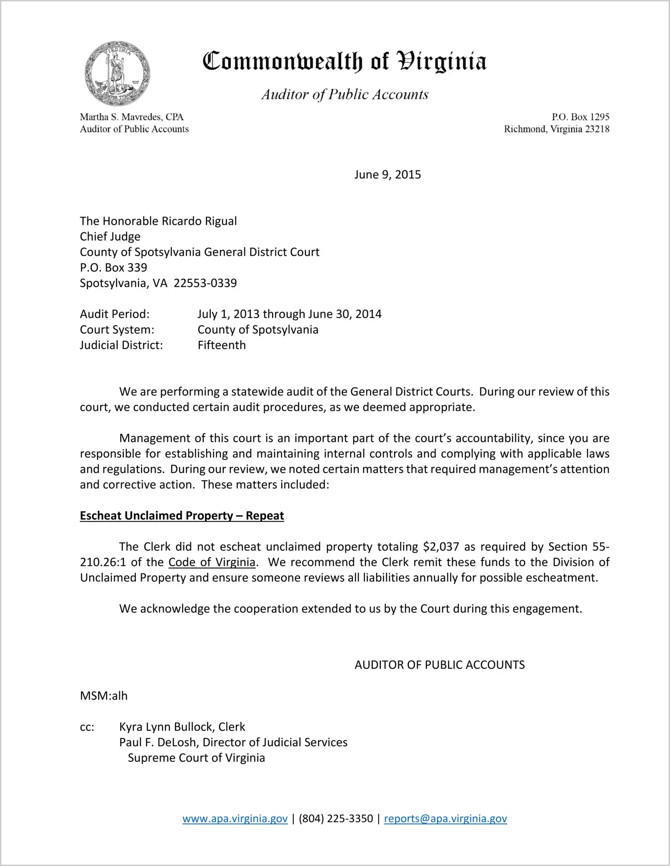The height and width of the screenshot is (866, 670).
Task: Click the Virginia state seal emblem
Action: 117,73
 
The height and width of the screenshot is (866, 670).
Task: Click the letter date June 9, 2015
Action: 387,174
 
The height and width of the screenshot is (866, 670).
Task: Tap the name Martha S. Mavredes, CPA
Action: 132,117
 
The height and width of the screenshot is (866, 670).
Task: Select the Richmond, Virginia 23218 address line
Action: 556,129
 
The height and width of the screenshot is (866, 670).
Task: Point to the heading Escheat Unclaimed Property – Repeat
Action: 182,516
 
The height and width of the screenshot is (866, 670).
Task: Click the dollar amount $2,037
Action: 441,547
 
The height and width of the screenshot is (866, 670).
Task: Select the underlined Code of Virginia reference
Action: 212,562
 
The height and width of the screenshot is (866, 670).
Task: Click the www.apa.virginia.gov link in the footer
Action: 235,818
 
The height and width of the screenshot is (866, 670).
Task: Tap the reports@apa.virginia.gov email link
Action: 445,818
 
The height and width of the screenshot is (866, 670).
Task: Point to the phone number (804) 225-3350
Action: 335,818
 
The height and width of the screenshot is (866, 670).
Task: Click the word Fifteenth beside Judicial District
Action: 222,345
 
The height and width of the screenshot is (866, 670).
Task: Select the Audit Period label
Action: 114,314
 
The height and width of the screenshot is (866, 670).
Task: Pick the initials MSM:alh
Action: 104,696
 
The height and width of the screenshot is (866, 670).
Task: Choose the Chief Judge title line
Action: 110,236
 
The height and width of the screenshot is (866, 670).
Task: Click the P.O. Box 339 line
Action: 113,267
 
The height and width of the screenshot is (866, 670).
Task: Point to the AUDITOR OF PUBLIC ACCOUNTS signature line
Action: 439,665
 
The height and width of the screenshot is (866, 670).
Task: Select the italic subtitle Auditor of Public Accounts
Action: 345,94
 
